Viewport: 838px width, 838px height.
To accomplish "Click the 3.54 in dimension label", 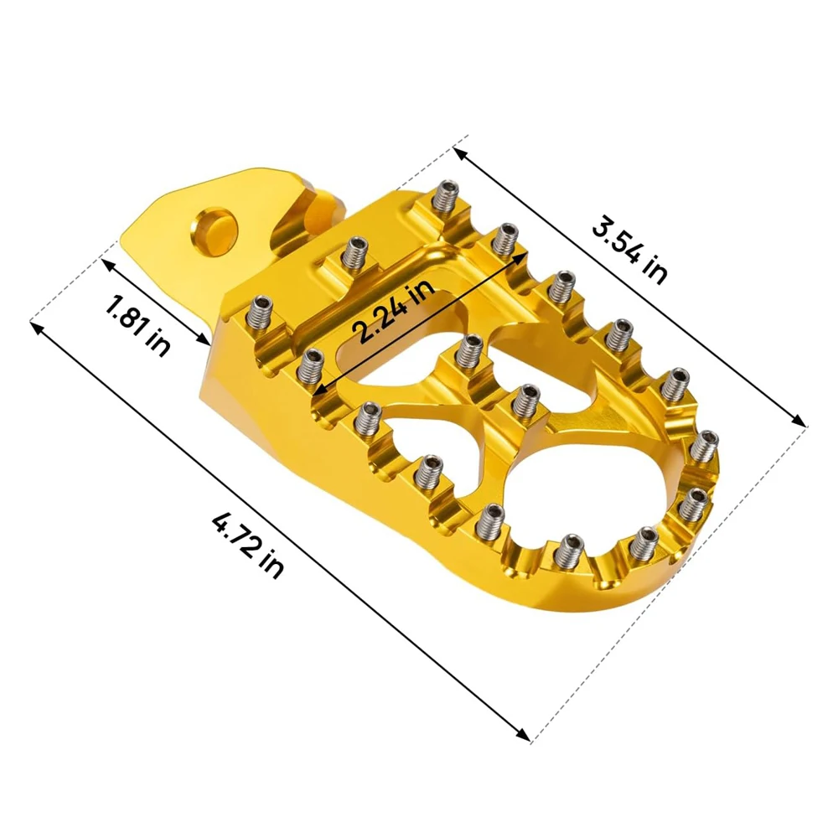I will click(629, 249).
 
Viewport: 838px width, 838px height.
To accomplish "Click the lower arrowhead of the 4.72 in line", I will click(524, 735).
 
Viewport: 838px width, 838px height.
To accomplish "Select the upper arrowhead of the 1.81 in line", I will click(106, 263).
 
